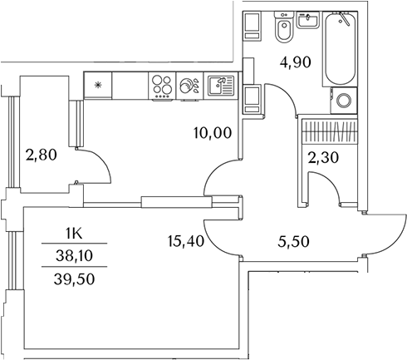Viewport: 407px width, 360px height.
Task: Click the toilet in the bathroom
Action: click(284, 27)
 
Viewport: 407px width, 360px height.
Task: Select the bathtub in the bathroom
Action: click(341, 48)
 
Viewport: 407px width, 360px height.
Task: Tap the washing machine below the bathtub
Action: click(344, 101)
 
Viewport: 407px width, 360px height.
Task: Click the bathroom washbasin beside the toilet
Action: click(307, 20)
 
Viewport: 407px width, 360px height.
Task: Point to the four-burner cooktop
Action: click(162, 86)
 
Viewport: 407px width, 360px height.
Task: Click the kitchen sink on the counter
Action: click(221, 86)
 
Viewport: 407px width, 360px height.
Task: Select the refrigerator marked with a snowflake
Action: click(98, 85)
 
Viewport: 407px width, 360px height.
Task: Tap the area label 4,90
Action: click(295, 62)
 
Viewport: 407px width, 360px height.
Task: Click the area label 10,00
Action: click(213, 132)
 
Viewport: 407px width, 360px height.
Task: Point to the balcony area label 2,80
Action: click(41, 155)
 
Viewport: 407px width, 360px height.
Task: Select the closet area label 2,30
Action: click(323, 158)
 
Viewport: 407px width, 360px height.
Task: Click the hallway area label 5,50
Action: click(293, 241)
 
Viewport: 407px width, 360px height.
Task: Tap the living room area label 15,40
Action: click(186, 240)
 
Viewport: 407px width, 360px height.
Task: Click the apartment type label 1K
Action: click(74, 234)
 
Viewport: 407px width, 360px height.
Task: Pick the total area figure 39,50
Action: click(74, 279)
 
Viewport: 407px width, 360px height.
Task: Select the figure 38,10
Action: click(74, 255)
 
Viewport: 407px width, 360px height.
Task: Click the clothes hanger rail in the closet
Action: click(329, 131)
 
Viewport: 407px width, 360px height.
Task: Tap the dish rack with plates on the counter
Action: click(189, 86)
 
